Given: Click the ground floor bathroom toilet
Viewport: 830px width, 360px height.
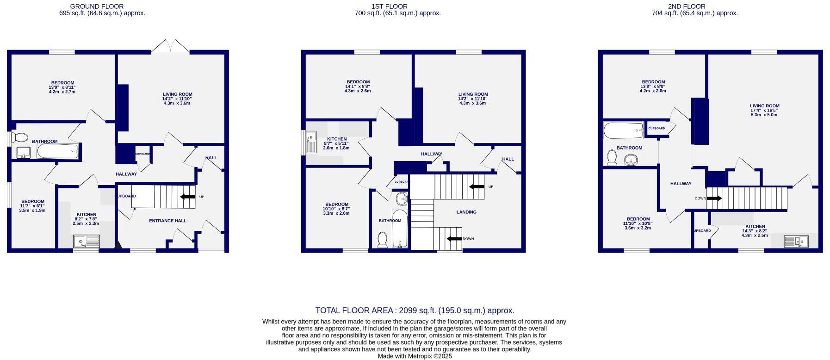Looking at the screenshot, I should (20, 137).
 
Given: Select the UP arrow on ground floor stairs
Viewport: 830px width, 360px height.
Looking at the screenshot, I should (188, 197).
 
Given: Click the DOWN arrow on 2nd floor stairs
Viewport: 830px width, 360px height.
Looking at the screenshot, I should (714, 199).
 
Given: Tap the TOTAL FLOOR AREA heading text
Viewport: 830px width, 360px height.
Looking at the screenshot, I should (415, 310).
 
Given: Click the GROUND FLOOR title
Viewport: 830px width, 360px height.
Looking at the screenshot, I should (97, 6).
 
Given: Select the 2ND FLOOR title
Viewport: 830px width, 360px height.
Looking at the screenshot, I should (687, 6).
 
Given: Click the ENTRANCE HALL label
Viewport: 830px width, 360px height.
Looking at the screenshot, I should (167, 221).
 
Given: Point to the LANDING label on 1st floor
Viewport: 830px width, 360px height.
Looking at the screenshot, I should (466, 212).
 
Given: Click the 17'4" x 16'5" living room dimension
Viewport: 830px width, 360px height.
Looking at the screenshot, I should (764, 110).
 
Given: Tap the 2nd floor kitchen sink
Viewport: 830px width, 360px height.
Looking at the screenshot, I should (796, 241).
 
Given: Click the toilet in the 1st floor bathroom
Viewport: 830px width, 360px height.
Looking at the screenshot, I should (382, 239).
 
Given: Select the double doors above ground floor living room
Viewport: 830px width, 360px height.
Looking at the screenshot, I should (171, 46).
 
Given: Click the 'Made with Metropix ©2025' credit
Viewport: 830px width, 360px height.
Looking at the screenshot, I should (415, 356).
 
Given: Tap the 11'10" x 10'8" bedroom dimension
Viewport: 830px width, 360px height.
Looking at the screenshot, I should (638, 223).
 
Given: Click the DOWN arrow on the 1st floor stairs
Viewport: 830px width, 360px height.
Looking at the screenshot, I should (454, 239).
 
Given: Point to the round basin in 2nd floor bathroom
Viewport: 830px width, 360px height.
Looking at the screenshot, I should (631, 161).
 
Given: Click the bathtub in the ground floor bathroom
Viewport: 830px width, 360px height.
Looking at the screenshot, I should (58, 150).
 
